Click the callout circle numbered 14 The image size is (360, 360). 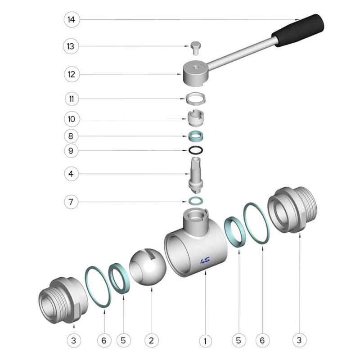tap(72, 20)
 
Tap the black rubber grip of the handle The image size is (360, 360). tap(298, 31)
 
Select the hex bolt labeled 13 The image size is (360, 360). tap(196, 48)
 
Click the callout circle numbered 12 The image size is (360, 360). tap(72, 74)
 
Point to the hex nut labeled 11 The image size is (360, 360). tap(196, 98)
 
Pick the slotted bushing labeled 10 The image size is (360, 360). tap(196, 118)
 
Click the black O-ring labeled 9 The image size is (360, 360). tap(196, 150)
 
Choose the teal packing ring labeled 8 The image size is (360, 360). tap(196, 136)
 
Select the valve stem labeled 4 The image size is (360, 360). tap(196, 175)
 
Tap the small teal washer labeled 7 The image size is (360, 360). tap(196, 201)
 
